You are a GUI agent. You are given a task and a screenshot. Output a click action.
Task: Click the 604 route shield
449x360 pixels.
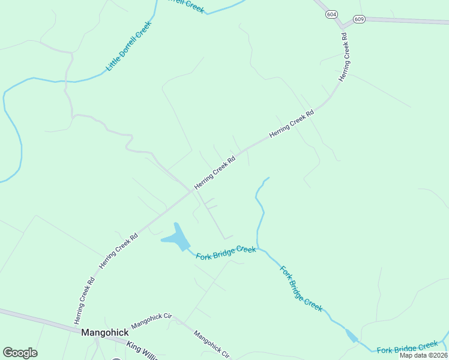(332, 14)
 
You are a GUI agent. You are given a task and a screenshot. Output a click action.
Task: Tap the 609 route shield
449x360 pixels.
(359, 19)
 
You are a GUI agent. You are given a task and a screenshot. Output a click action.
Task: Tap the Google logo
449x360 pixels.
(20, 353)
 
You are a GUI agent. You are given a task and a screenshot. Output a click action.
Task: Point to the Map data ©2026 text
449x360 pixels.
(423, 355)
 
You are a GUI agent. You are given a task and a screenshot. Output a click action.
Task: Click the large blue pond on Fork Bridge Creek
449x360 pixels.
(176, 239)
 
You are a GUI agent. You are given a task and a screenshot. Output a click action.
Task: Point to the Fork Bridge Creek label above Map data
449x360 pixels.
(408, 347)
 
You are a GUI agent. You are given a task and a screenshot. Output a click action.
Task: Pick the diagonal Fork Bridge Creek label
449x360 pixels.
(301, 288)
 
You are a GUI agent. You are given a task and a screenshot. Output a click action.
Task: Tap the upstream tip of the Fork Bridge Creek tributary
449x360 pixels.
(269, 178)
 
